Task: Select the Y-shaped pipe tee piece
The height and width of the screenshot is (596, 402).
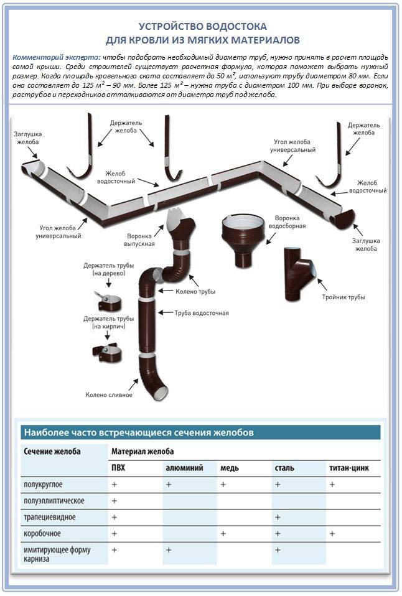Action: [297, 271]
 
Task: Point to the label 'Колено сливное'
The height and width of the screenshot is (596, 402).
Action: [109, 394]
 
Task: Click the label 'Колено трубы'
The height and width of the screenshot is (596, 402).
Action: [195, 291]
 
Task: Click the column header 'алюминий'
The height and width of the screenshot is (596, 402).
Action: [184, 467]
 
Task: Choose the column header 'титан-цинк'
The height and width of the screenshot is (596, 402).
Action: [350, 467]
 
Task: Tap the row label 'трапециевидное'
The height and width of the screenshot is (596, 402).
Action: [50, 517]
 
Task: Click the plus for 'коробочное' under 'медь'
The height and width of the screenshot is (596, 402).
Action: [223, 533]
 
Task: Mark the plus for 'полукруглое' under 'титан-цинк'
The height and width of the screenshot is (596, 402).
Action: [332, 483]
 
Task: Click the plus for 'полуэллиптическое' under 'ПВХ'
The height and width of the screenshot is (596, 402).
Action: [115, 500]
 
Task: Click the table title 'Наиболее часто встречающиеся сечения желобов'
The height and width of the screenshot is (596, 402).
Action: [138, 432]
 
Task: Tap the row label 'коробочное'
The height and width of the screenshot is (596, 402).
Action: [42, 533]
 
